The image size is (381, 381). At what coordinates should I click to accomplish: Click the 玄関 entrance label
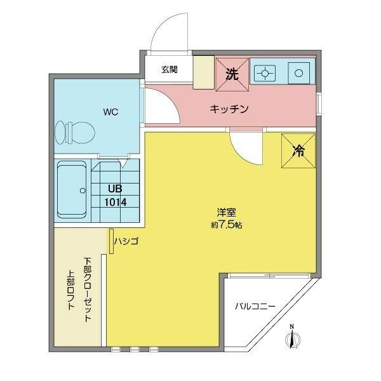point(170,70)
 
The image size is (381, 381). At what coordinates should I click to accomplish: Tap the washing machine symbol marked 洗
point(232,74)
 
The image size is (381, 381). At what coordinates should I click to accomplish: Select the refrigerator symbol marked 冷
point(298,150)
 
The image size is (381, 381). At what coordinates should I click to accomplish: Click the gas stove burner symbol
point(265,73)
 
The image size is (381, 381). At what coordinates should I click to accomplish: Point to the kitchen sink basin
point(299,73)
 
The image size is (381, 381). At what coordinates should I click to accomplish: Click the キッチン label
point(229,109)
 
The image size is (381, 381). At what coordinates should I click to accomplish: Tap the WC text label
point(110,112)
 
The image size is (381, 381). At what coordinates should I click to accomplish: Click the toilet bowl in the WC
point(75,133)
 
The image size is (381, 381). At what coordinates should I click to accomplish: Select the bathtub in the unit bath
point(72,190)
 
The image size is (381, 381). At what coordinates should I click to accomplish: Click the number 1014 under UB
point(116,202)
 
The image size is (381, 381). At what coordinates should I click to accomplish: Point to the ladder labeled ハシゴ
point(111,241)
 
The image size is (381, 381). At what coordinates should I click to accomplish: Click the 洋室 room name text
point(226,212)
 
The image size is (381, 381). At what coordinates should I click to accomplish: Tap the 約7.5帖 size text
point(226,225)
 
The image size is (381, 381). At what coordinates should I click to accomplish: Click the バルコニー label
point(255,306)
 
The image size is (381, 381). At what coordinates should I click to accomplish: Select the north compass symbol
point(293,337)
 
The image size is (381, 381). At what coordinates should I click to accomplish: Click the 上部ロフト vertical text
point(71,290)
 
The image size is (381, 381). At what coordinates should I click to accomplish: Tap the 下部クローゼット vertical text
point(88,289)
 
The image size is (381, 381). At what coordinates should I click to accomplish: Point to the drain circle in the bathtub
point(83,190)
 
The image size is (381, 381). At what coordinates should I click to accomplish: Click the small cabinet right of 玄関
point(204,72)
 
